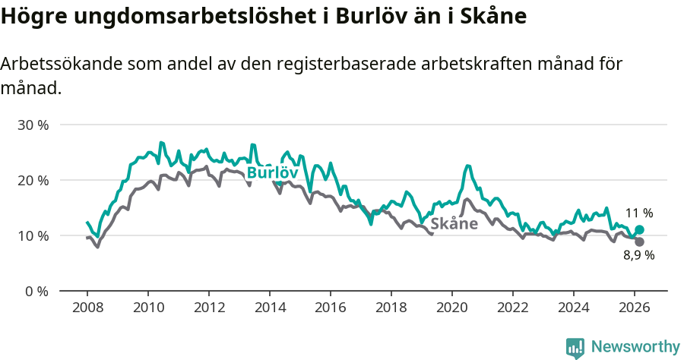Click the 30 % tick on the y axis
[x=32, y=125]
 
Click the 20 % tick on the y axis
[x=32, y=180]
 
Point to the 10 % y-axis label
[x=32, y=235]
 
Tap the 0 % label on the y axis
[x=36, y=291]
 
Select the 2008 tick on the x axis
[x=87, y=308]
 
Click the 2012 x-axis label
[x=209, y=308]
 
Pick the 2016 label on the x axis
[x=331, y=308]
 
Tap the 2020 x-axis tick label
[x=452, y=308]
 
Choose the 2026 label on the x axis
[x=635, y=308]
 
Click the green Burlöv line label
[x=271, y=173]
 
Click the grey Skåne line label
[x=454, y=224]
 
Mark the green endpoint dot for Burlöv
[x=639, y=229]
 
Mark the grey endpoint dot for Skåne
[x=639, y=242]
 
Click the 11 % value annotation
[x=639, y=213]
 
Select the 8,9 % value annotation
[x=639, y=256]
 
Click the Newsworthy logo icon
[x=575, y=347]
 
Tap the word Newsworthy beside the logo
[x=635, y=347]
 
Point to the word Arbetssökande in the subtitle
[x=61, y=65]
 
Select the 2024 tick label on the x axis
[x=574, y=308]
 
